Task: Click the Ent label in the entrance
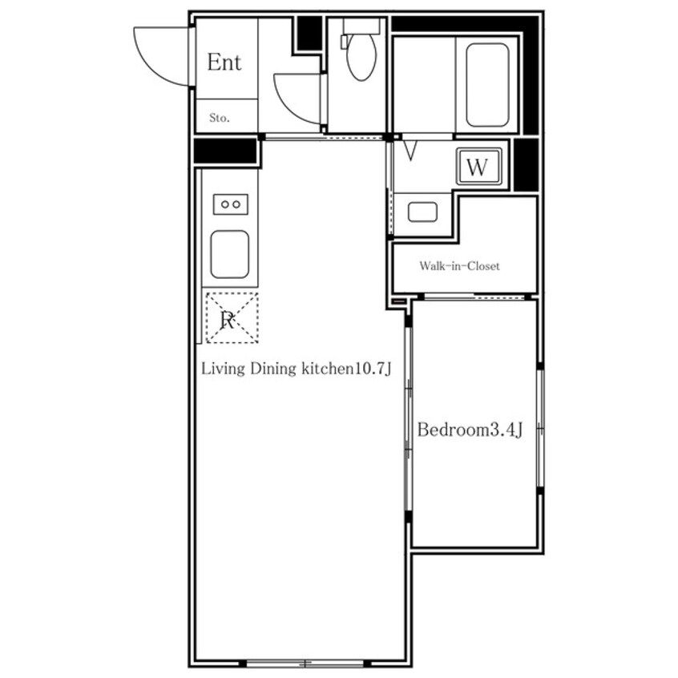click(x=224, y=63)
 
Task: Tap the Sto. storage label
click(x=220, y=118)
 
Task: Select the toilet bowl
click(x=361, y=57)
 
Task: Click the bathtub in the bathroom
click(x=487, y=85)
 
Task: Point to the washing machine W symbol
click(x=478, y=167)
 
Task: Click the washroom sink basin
click(x=422, y=212)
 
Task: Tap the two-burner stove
click(x=231, y=204)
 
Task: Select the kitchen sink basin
click(x=229, y=254)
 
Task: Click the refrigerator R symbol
click(x=232, y=318)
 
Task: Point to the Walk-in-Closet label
click(x=459, y=266)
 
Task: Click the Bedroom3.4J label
click(x=470, y=430)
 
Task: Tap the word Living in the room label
click(x=223, y=369)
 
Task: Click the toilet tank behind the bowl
click(x=361, y=26)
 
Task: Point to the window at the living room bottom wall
click(x=305, y=663)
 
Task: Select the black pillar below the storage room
click(x=225, y=151)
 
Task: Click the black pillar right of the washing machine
click(x=526, y=165)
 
